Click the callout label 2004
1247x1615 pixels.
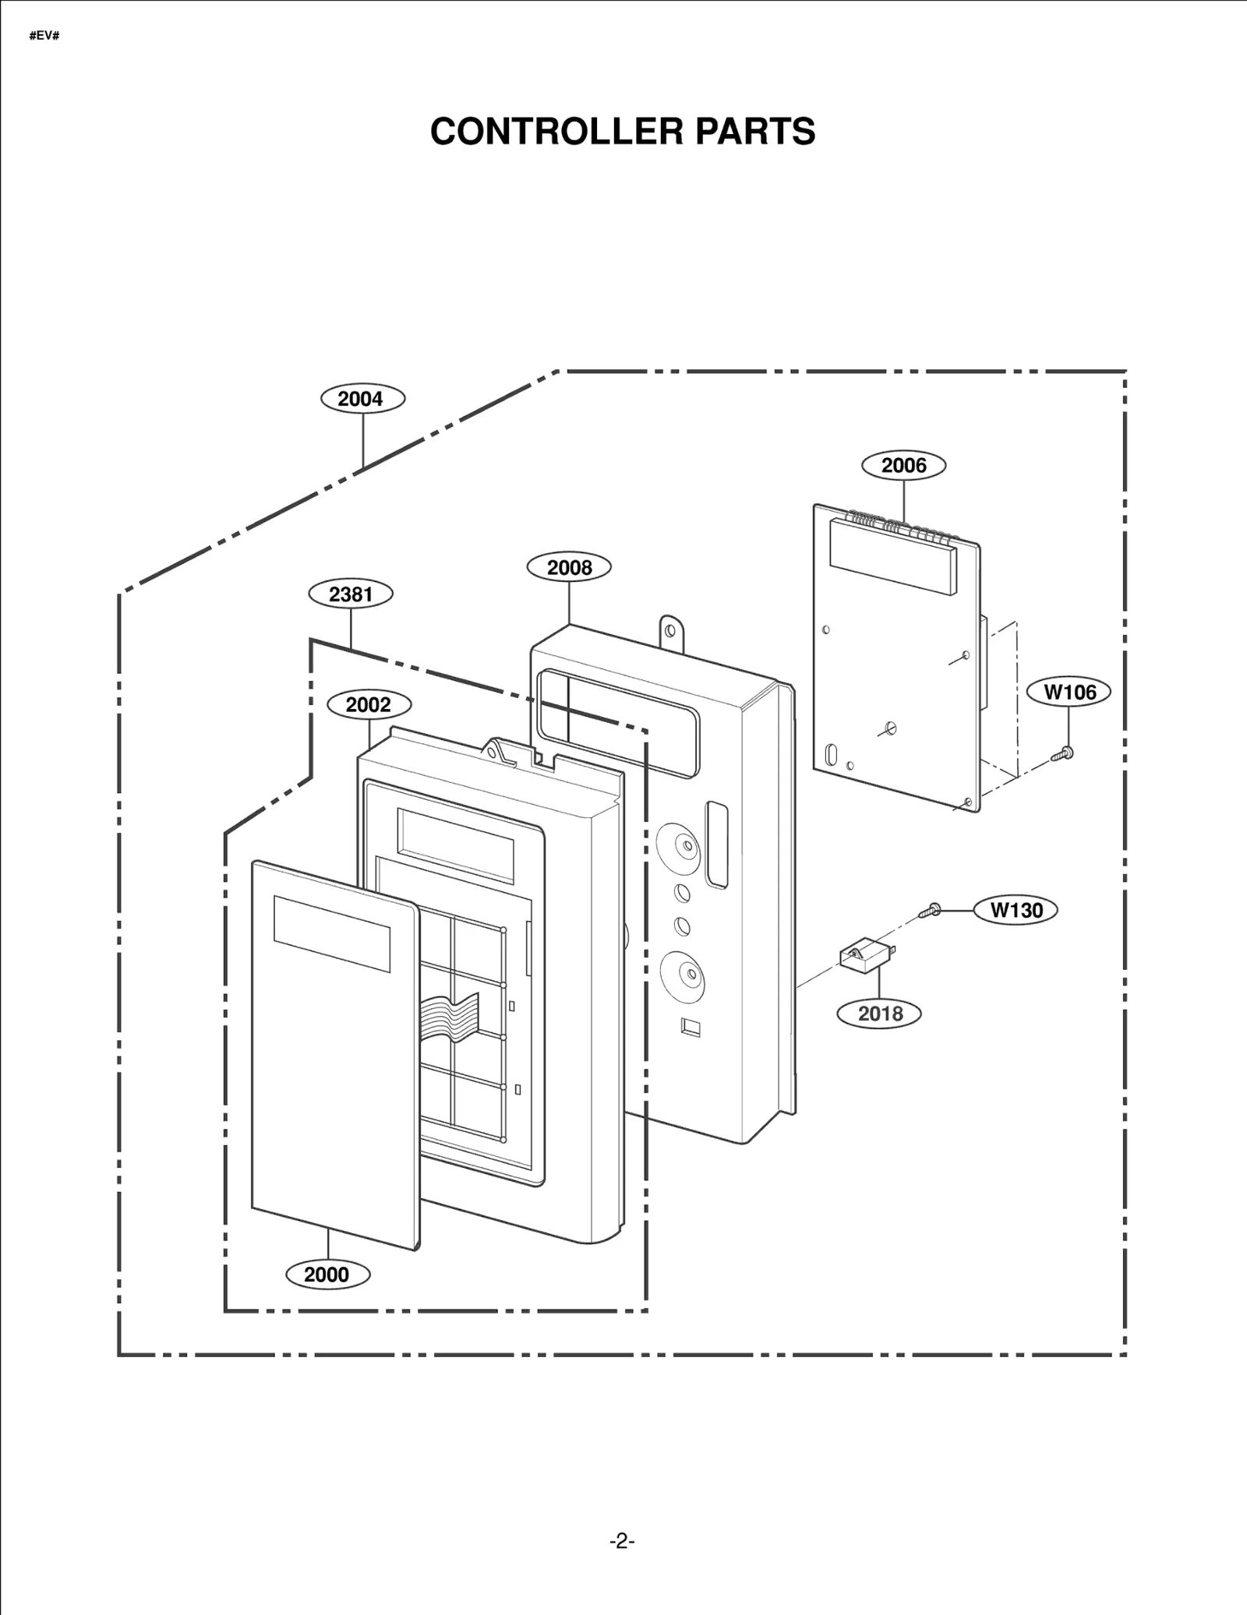tap(362, 399)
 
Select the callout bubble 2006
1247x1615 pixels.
tap(903, 465)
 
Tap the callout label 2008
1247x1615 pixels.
tap(569, 567)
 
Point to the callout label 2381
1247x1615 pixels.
tap(351, 594)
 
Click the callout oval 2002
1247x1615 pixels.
tap(368, 705)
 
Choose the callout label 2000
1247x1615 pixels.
tap(327, 1275)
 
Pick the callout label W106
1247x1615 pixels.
tap(1069, 692)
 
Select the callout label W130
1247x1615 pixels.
tap(1016, 910)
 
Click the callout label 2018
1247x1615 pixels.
tap(879, 1014)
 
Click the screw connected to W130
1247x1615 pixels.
tap(931, 909)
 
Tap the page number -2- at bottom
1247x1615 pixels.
tap(622, 1541)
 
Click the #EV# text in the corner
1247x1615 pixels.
tap(44, 37)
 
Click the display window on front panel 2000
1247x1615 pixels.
tap(331, 933)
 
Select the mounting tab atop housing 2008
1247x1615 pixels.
tap(671, 631)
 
